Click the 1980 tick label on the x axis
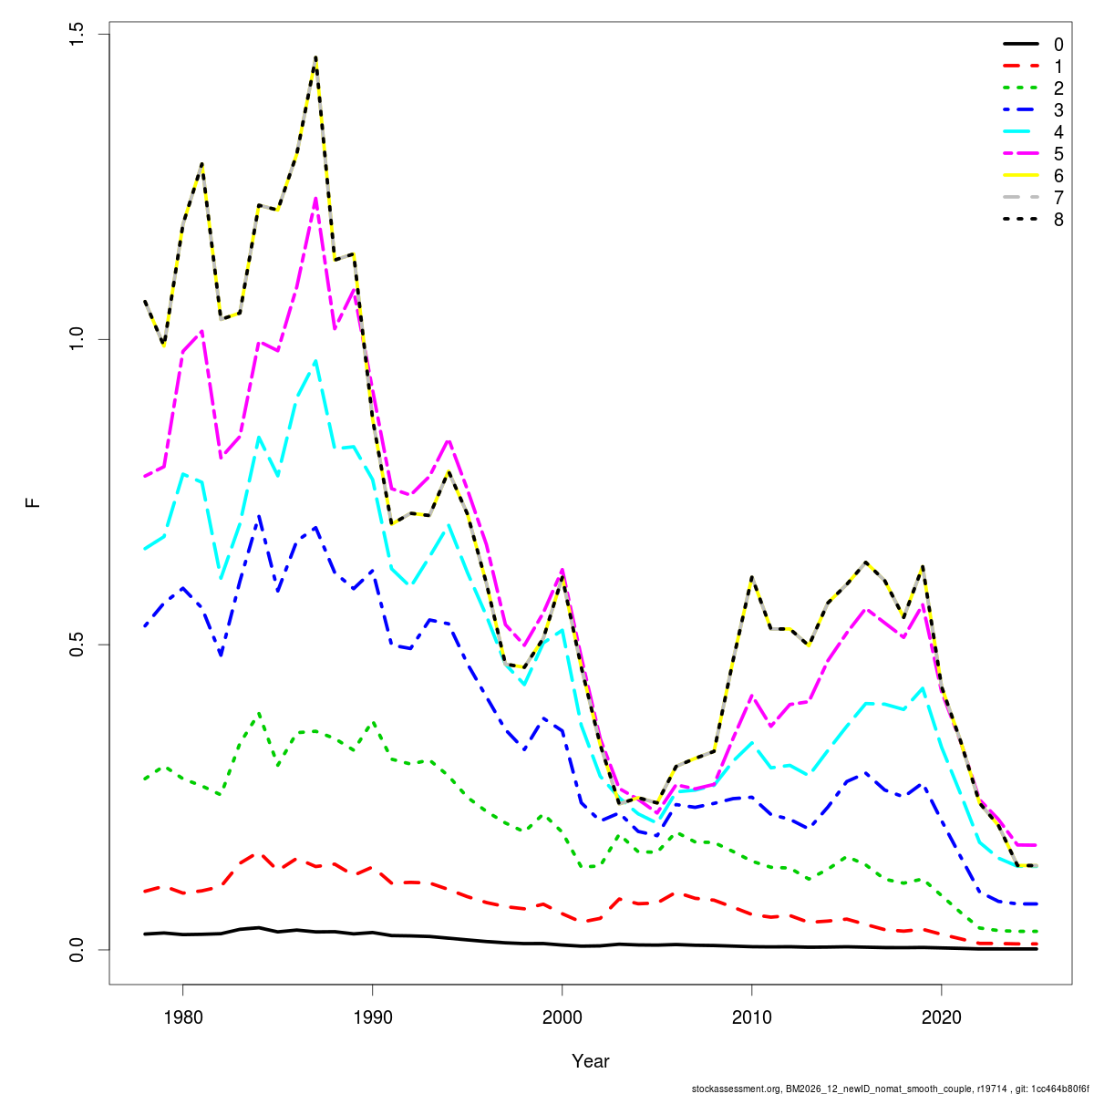point(182,1017)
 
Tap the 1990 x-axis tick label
point(372,1017)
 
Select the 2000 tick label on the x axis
point(562,1017)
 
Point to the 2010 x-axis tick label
point(751,1017)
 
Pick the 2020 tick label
point(941,1017)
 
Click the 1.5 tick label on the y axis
point(77,35)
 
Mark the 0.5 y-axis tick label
point(77,645)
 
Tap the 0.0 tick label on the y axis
point(77,949)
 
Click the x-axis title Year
point(591,1061)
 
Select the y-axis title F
point(34,502)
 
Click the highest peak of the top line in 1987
point(315,57)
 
